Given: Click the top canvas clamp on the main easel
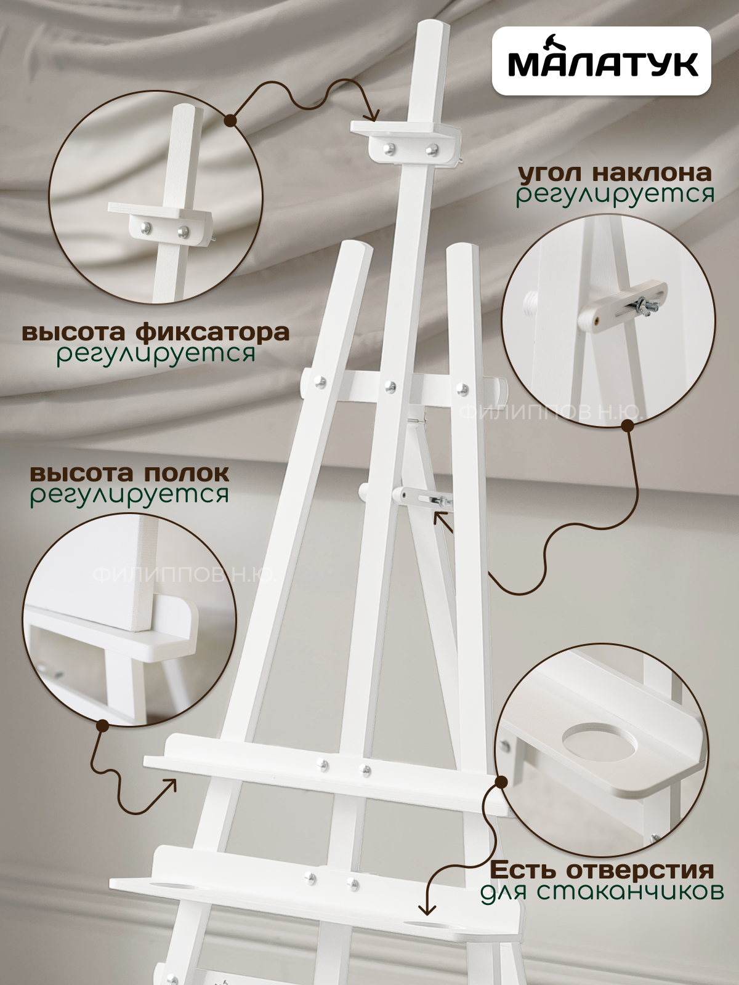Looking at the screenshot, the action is pos(406,143).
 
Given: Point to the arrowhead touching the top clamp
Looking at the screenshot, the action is pos(372,116).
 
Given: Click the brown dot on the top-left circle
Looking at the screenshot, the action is pos(230,120).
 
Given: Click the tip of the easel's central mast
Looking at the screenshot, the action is pos(434,24).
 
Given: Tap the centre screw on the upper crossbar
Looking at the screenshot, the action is pos(390,385).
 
